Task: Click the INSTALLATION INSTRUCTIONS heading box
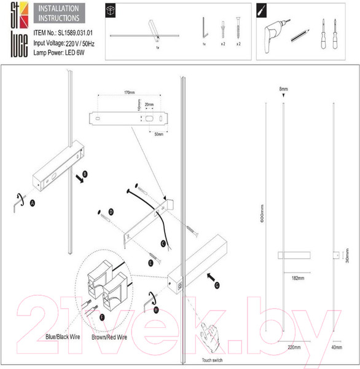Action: (x=58, y=14)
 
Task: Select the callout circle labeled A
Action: (x=33, y=202)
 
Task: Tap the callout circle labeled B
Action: (x=85, y=175)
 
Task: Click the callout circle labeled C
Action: (x=163, y=243)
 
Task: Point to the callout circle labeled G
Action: (x=217, y=285)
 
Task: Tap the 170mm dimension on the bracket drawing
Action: (x=128, y=92)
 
